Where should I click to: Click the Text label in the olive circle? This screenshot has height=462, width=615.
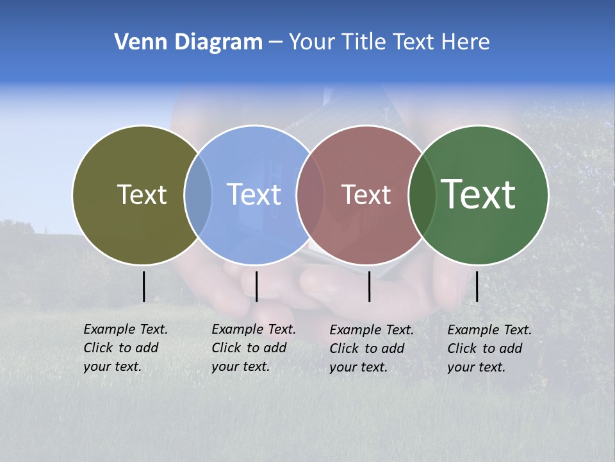pyautogui.click(x=142, y=194)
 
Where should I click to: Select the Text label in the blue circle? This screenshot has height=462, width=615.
pyautogui.click(x=254, y=194)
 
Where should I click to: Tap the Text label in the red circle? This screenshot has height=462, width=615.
pyautogui.click(x=366, y=194)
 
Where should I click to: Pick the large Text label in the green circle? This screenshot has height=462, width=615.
pyautogui.click(x=479, y=194)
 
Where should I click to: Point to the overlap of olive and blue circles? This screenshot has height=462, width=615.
pyautogui.click(x=198, y=195)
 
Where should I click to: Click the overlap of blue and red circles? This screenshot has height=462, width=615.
pyautogui.click(x=310, y=195)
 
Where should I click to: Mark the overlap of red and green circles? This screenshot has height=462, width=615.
pyautogui.click(x=422, y=195)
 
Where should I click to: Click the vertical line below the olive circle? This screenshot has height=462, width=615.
pyautogui.click(x=144, y=286)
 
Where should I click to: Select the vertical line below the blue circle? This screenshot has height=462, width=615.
pyautogui.click(x=256, y=286)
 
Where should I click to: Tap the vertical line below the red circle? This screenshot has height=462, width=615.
pyautogui.click(x=370, y=286)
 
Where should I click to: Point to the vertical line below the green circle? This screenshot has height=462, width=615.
pyautogui.click(x=477, y=286)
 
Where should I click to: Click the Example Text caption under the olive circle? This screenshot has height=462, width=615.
pyautogui.click(x=125, y=348)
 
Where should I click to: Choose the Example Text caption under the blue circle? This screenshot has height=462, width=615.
pyautogui.click(x=253, y=348)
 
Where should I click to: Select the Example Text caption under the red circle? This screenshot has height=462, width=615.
pyautogui.click(x=371, y=348)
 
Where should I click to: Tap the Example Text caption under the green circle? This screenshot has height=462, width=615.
pyautogui.click(x=489, y=348)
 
